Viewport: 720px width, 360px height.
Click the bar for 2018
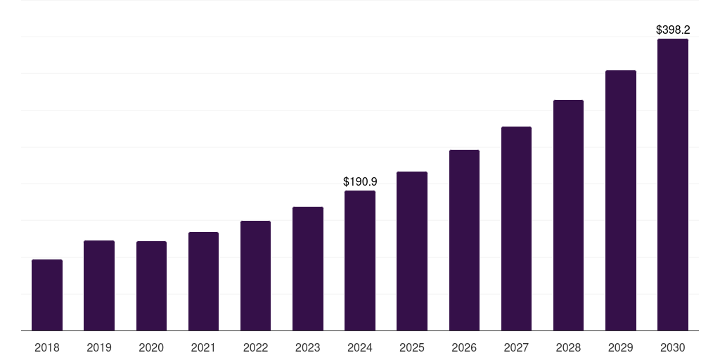tap(47, 295)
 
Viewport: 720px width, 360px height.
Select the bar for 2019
tap(99, 285)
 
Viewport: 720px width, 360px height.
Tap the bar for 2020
tap(151, 286)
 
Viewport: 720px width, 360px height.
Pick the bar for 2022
tap(255, 276)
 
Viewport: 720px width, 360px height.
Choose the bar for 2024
tap(360, 261)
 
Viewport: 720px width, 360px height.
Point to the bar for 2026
tap(464, 240)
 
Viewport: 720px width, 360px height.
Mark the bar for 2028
tap(568, 215)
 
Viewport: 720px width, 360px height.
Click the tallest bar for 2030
tap(673, 185)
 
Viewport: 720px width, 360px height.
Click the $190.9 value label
tap(360, 181)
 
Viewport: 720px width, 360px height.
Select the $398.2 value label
tap(673, 30)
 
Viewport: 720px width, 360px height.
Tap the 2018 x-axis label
tap(47, 347)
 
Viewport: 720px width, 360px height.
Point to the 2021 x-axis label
tap(203, 347)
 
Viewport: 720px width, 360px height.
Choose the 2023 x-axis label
tap(308, 347)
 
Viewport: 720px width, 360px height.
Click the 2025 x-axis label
tap(412, 347)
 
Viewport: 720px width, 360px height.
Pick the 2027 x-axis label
tap(516, 347)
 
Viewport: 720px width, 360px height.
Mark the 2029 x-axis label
tap(621, 347)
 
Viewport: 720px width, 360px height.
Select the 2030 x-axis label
tap(673, 347)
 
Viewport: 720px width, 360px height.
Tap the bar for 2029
tap(621, 200)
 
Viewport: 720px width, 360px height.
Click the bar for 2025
tap(412, 251)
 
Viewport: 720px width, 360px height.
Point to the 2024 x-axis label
tap(360, 347)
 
